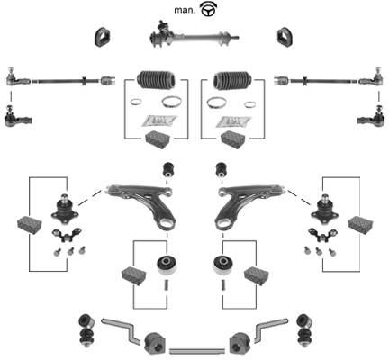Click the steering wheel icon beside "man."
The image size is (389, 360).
coord(208,10)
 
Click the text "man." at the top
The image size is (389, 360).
coord(185,10)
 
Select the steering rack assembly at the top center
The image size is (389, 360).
coord(194,34)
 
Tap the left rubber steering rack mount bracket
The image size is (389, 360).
coord(102,38)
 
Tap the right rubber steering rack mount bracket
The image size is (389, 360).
coord(285,38)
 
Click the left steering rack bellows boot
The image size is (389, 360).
coord(156,80)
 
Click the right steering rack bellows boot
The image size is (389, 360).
coord(232,80)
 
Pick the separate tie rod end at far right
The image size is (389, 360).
coord(371,118)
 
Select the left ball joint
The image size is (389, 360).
coord(65,210)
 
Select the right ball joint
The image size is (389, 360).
coord(324,210)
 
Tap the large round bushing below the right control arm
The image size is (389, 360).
coord(223,265)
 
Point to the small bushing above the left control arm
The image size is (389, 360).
coord(169,170)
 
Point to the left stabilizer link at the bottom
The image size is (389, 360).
coord(86,330)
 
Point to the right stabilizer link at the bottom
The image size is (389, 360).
coord(303,330)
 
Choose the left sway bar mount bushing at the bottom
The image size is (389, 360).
coord(155,343)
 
